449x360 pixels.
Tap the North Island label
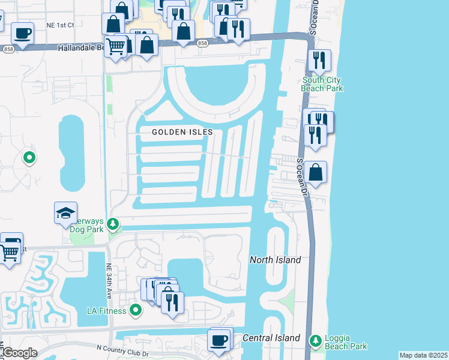point(275,260)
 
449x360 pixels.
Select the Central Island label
point(271,338)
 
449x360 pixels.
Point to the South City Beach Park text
point(322,84)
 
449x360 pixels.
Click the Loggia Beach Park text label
point(345,342)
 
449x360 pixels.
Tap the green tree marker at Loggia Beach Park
point(315,341)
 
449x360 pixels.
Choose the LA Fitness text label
point(106,311)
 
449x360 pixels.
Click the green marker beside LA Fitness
point(136,310)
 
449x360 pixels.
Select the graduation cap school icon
point(66,213)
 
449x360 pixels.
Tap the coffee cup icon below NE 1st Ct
point(22,33)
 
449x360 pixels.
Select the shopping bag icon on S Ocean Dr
point(315,172)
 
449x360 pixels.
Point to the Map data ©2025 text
point(423,355)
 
